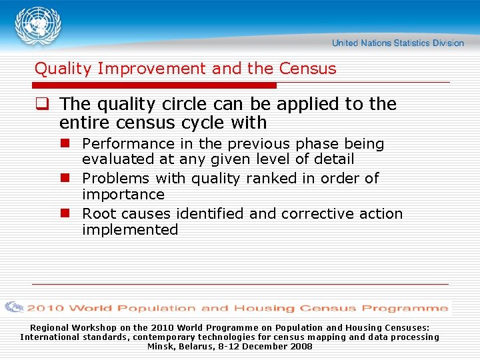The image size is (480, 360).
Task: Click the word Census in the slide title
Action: click(x=308, y=69)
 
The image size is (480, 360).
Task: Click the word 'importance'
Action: click(x=123, y=195)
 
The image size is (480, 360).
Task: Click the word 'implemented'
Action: click(x=130, y=230)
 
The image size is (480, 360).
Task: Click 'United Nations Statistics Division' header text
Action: click(x=397, y=43)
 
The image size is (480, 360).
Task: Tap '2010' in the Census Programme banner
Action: click(x=45, y=308)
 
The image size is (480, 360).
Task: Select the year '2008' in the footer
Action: click(x=301, y=347)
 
